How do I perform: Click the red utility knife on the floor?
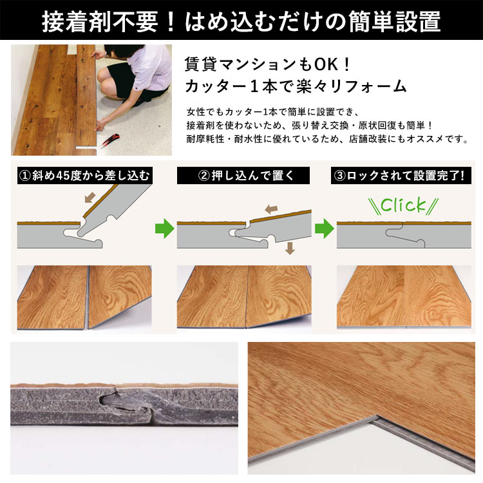(x=110, y=140)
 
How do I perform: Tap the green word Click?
(x=403, y=205)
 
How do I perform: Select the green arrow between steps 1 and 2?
(x=165, y=228)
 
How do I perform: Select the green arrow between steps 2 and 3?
(x=325, y=228)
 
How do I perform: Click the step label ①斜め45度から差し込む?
(x=85, y=176)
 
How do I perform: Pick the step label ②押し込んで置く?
(x=243, y=176)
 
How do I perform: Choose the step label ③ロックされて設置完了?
(x=401, y=176)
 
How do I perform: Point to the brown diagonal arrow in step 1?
(x=90, y=198)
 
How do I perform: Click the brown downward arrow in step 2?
(x=290, y=248)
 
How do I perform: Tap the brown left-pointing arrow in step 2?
(x=271, y=209)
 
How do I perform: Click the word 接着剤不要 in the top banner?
(x=100, y=21)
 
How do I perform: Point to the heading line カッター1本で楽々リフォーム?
(x=296, y=86)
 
